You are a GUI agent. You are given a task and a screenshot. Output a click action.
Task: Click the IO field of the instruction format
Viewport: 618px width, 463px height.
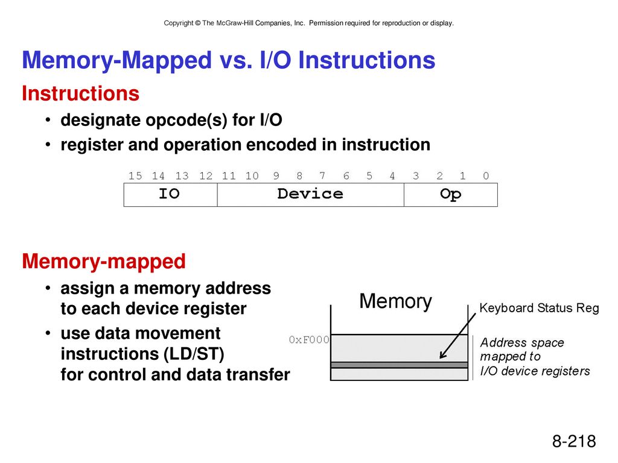170,195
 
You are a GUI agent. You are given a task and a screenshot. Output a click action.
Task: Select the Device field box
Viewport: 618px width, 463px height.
311,195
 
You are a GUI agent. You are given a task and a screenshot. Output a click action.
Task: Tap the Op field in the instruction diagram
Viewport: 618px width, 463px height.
450,195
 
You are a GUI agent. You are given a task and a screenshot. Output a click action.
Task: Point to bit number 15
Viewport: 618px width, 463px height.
135,176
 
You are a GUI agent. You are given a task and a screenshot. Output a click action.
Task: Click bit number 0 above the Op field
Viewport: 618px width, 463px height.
486,176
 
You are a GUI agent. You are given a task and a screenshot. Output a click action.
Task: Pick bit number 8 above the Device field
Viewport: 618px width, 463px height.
299,176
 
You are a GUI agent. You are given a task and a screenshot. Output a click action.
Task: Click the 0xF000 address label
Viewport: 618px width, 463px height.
309,339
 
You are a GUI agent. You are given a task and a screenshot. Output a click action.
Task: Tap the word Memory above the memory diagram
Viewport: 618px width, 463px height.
396,301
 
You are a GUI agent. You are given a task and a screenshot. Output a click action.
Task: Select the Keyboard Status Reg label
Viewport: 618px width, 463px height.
539,308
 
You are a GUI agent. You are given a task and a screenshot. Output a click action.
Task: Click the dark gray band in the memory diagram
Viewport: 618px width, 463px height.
400,365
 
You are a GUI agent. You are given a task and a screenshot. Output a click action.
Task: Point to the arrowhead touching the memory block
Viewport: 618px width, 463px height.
442,355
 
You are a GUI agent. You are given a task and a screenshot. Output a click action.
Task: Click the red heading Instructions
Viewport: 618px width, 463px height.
80,93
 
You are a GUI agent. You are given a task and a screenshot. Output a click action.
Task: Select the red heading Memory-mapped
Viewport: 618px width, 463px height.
104,262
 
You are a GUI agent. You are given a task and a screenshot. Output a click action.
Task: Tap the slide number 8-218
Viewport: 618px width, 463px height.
574,441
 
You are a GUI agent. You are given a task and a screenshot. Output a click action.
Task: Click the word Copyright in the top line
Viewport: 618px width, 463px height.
179,24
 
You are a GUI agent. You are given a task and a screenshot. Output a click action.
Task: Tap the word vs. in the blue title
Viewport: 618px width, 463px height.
236,60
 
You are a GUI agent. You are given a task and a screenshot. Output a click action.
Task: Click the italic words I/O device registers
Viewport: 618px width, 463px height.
535,371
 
